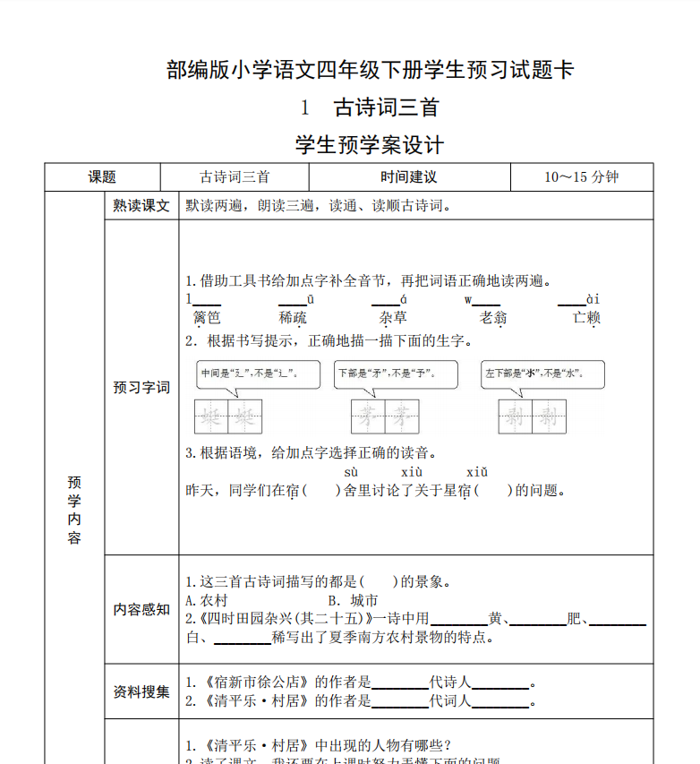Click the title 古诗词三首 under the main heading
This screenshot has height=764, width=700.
[386, 108]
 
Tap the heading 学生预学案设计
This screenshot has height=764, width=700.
[369, 144]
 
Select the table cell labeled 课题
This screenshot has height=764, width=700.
[102, 177]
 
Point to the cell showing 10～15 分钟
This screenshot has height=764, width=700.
[581, 177]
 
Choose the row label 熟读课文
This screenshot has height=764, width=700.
[141, 206]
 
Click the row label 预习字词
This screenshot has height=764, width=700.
[141, 388]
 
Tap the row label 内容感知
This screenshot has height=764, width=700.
[141, 609]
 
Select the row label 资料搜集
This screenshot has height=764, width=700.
[141, 691]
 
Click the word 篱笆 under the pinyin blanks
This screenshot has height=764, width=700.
[207, 317]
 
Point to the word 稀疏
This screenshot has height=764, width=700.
[293, 317]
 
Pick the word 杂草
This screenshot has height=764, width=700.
[393, 317]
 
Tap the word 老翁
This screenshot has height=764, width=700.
[493, 317]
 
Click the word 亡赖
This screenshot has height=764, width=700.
[587, 317]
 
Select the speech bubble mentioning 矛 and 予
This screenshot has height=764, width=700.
[395, 373]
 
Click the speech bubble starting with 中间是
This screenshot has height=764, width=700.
[258, 373]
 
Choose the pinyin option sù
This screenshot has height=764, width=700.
[351, 472]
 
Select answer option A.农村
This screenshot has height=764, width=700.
[207, 600]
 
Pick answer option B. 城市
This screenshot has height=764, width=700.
[353, 600]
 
